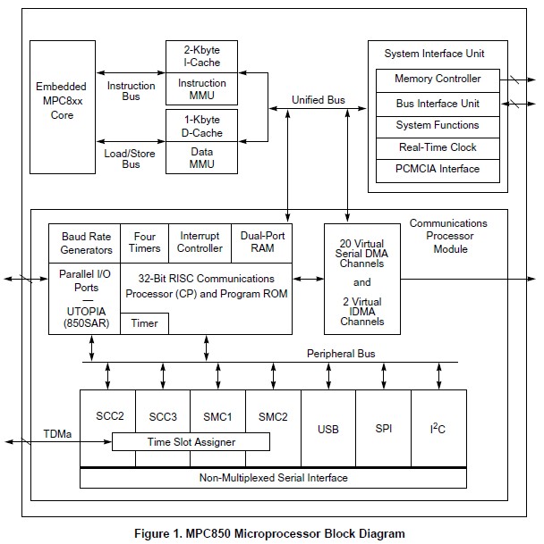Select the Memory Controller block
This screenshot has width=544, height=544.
(438, 80)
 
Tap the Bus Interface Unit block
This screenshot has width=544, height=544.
(438, 104)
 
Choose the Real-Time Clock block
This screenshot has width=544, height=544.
(438, 147)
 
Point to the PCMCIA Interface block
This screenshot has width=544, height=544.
(438, 169)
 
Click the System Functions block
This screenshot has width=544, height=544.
(438, 126)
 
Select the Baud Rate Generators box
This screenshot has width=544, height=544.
(86, 243)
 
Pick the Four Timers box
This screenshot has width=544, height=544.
(144, 243)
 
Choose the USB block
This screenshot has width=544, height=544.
(327, 430)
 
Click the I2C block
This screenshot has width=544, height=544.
(437, 430)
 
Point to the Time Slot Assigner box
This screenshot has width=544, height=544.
(191, 442)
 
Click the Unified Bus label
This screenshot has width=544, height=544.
(319, 100)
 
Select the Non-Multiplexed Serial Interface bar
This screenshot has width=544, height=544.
(273, 478)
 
